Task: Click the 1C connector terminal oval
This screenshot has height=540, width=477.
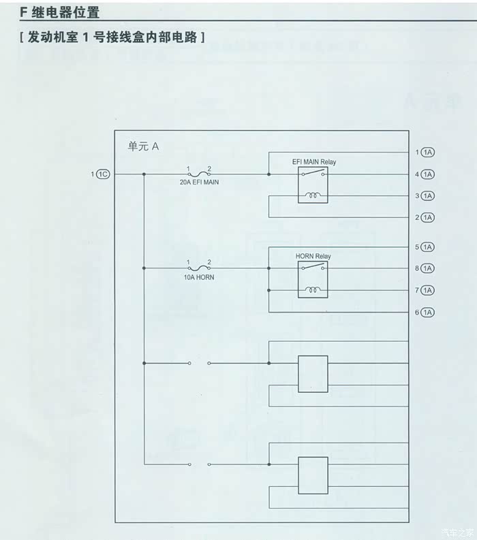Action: [x=103, y=174]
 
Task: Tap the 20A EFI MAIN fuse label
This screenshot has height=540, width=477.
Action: [x=199, y=182]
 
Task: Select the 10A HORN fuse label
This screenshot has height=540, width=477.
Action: [x=199, y=277]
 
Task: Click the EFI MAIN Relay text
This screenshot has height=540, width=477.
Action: [x=314, y=162]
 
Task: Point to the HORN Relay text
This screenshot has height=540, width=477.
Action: [x=313, y=256]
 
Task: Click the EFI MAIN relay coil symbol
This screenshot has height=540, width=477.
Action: [x=313, y=195]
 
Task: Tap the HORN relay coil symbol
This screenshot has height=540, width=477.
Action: [x=313, y=290]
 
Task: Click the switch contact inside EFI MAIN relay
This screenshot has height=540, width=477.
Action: [x=313, y=172]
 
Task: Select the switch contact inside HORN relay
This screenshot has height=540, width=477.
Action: [x=313, y=266]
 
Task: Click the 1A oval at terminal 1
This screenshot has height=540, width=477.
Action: [x=428, y=153]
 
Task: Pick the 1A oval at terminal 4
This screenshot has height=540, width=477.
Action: [x=428, y=174]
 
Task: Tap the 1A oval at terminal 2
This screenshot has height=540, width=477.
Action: [x=428, y=218]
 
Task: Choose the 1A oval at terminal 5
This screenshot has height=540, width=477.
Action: [x=428, y=247]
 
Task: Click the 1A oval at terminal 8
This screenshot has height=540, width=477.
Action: [x=428, y=268]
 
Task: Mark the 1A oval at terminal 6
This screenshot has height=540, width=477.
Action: [x=428, y=313]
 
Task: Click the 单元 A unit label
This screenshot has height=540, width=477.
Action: [x=143, y=146]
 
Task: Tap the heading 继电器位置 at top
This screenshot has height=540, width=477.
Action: [x=65, y=12]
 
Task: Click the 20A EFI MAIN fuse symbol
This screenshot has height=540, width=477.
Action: [x=199, y=174]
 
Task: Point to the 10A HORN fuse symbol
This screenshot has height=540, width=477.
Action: [x=199, y=268]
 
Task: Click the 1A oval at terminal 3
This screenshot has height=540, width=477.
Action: [x=428, y=196]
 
